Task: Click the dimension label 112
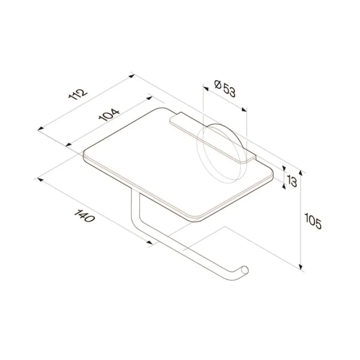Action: pyautogui.click(x=78, y=94)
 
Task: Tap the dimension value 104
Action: pyautogui.click(x=109, y=115)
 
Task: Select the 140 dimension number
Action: pyautogui.click(x=84, y=216)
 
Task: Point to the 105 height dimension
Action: pyautogui.click(x=313, y=221)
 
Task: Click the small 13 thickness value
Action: pyautogui.click(x=292, y=181)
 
